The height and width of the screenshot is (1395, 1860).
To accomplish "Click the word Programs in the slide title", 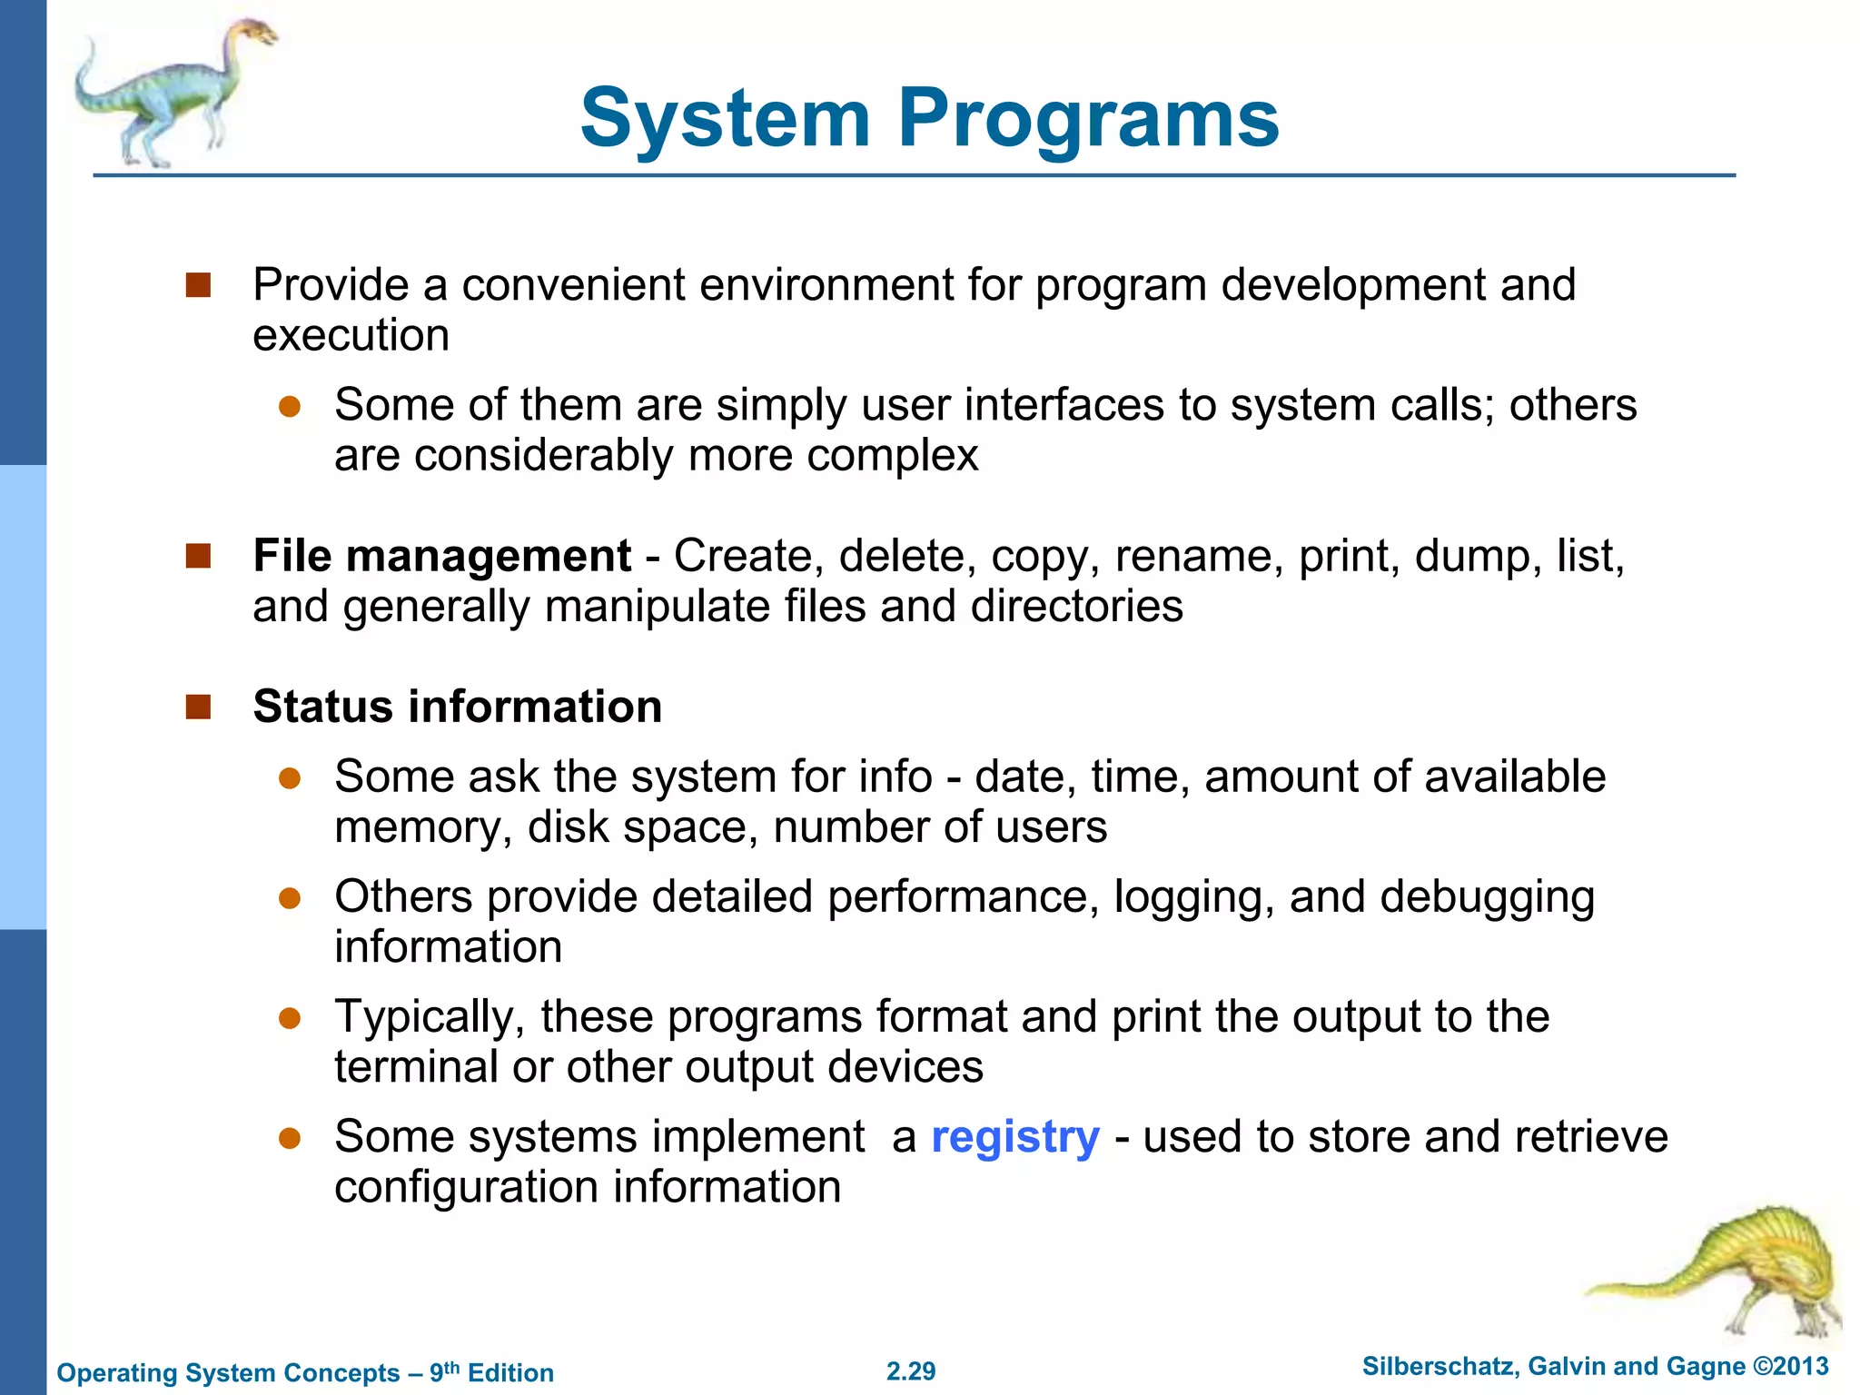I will (1088, 120).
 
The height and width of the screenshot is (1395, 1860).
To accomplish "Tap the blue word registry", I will (1014, 1137).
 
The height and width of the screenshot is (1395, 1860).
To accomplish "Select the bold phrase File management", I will (441, 556).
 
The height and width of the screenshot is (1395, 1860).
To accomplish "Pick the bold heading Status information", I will (458, 707).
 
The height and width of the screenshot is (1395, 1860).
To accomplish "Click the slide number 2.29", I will (911, 1371).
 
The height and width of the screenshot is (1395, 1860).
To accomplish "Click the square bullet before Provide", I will (198, 285).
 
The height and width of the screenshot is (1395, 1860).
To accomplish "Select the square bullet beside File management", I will (198, 556).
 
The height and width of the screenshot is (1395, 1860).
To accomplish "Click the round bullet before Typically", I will (290, 1017).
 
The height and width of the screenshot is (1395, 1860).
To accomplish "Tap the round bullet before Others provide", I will (290, 897).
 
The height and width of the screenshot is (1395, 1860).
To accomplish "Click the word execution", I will (351, 335).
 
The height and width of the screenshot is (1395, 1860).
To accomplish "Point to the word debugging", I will (1487, 897).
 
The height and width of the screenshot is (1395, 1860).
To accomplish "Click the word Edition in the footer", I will (510, 1373).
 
